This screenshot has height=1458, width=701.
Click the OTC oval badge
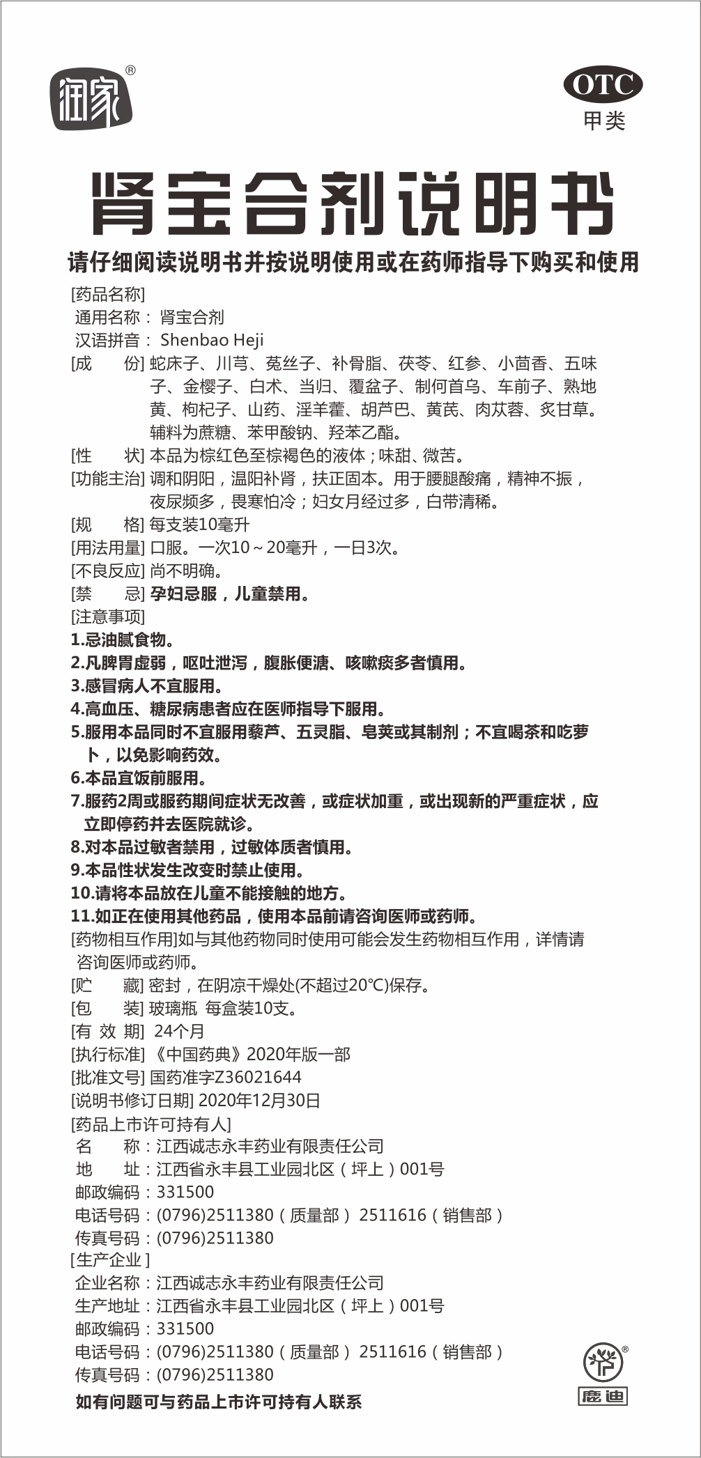[603, 84]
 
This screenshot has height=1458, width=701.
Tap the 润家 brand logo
[91, 100]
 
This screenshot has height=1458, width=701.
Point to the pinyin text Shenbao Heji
[212, 340]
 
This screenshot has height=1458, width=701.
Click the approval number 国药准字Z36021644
[226, 1078]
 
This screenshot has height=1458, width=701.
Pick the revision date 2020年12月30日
[259, 1101]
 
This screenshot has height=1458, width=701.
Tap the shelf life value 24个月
[179, 1032]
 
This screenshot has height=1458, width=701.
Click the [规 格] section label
[107, 525]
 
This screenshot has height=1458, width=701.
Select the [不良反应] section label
[107, 571]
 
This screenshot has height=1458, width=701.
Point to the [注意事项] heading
[107, 617]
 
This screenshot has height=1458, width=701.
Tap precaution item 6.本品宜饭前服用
[138, 778]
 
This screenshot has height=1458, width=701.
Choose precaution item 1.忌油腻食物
[123, 640]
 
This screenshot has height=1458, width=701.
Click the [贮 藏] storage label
[107, 986]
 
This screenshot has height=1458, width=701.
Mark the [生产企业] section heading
[110, 1260]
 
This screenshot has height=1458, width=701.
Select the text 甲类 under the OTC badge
[604, 121]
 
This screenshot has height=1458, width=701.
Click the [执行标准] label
[107, 1055]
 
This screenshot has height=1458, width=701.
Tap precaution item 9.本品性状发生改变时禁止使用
[187, 870]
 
